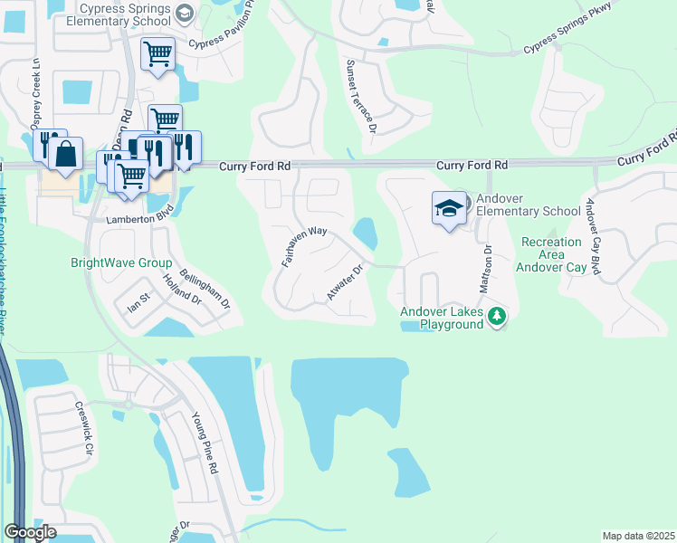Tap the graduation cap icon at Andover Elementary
click(x=448, y=209)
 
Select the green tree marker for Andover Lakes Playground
click(x=496, y=316)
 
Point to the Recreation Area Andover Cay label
click(x=551, y=254)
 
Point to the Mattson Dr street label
click(x=488, y=267)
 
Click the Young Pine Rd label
click(x=205, y=443)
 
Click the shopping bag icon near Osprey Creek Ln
click(x=66, y=156)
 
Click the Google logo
click(x=30, y=532)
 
